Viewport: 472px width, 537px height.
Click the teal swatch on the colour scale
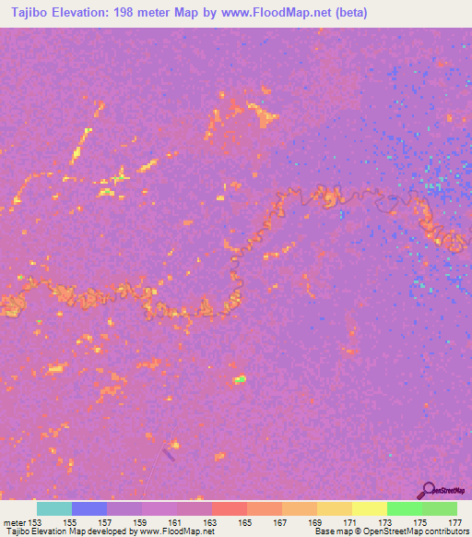pyautogui.click(x=54, y=508)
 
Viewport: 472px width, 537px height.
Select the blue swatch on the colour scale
pyautogui.click(x=89, y=508)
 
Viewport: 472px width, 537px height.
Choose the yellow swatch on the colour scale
pyautogui.click(x=370, y=508)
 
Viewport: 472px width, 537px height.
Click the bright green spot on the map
pyautogui.click(x=240, y=378)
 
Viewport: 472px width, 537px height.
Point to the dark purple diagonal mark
pyautogui.click(x=169, y=452)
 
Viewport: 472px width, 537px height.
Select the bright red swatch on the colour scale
pyautogui.click(x=230, y=508)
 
